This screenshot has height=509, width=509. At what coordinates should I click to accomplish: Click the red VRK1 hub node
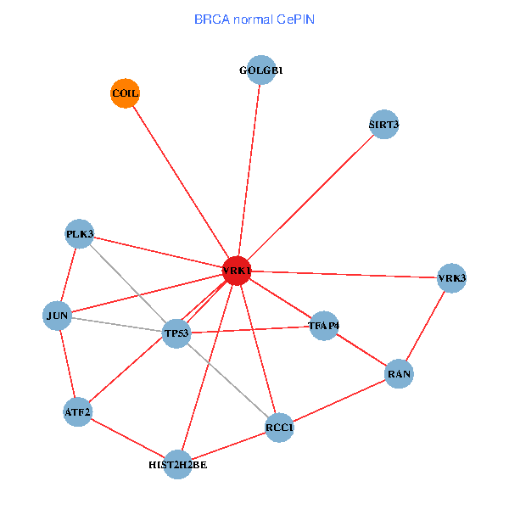click(236, 271)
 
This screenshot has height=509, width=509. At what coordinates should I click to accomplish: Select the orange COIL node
click(125, 92)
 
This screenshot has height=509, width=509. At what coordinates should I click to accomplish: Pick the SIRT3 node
click(384, 125)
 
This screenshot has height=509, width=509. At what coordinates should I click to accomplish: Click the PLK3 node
click(80, 234)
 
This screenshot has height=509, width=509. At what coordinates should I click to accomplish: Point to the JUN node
click(58, 316)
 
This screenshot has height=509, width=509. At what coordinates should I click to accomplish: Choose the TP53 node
click(177, 333)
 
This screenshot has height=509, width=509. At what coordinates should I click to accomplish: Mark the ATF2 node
click(77, 412)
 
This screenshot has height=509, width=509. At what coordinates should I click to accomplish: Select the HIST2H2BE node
click(177, 464)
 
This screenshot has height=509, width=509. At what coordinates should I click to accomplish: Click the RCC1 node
click(279, 428)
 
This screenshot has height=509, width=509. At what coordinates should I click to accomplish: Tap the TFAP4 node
click(324, 325)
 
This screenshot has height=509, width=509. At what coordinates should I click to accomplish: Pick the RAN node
click(399, 373)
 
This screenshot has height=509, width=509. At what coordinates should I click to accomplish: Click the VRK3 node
click(451, 278)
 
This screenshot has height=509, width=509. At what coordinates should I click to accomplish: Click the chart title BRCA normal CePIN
click(255, 19)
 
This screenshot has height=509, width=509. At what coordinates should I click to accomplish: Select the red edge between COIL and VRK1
click(180, 182)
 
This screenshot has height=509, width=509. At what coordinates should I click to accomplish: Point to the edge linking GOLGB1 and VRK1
click(249, 171)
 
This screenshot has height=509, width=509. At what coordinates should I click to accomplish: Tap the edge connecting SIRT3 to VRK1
click(310, 198)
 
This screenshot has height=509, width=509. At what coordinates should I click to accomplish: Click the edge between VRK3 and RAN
click(425, 326)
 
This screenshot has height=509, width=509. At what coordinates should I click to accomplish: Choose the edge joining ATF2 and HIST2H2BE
click(127, 438)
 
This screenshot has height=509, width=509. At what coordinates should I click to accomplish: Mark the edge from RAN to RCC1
click(339, 400)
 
